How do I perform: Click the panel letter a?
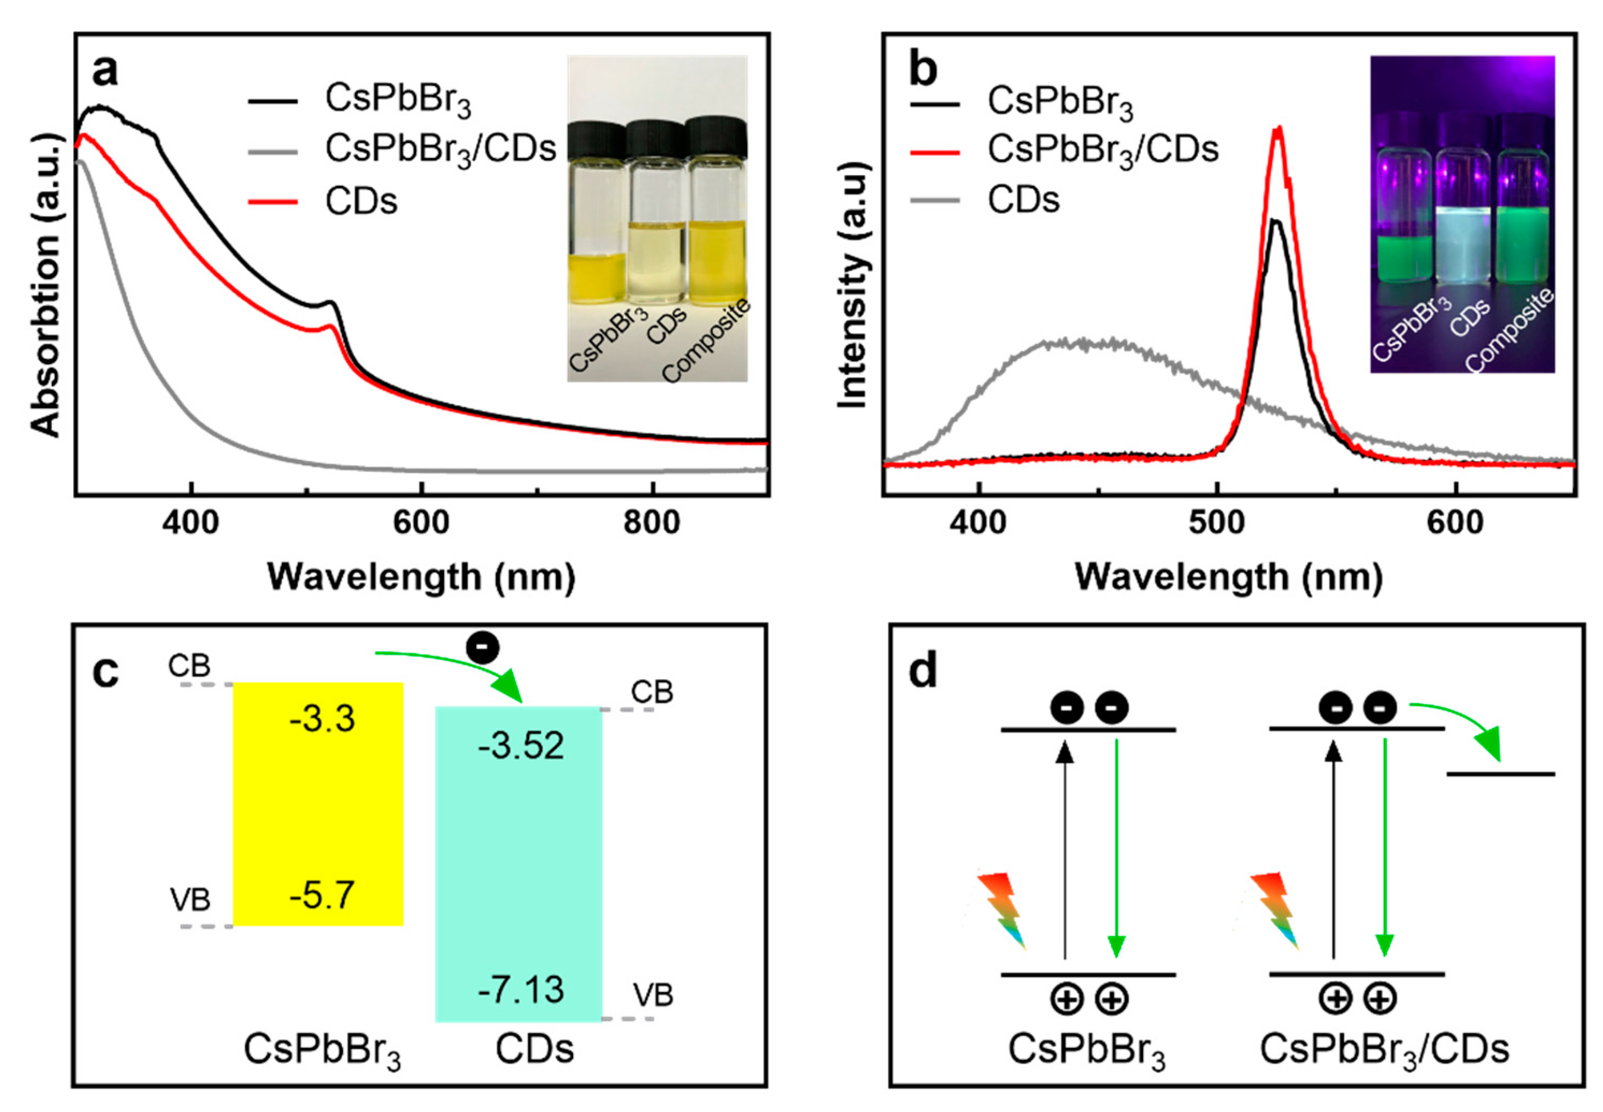click(x=105, y=70)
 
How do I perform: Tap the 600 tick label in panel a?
click(x=421, y=522)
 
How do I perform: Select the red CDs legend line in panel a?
click(x=273, y=202)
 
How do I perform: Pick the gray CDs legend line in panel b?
click(x=934, y=201)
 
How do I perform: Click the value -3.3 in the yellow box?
click(x=322, y=719)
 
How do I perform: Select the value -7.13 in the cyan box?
click(x=521, y=990)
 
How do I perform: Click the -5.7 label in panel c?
click(x=322, y=896)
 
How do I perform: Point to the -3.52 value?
click(x=521, y=746)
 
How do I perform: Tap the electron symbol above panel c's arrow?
click(x=483, y=648)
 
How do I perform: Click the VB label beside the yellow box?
click(x=190, y=900)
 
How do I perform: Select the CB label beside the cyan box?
click(x=652, y=692)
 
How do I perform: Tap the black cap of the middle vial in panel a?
click(x=654, y=138)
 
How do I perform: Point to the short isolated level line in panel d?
click(x=1500, y=774)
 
